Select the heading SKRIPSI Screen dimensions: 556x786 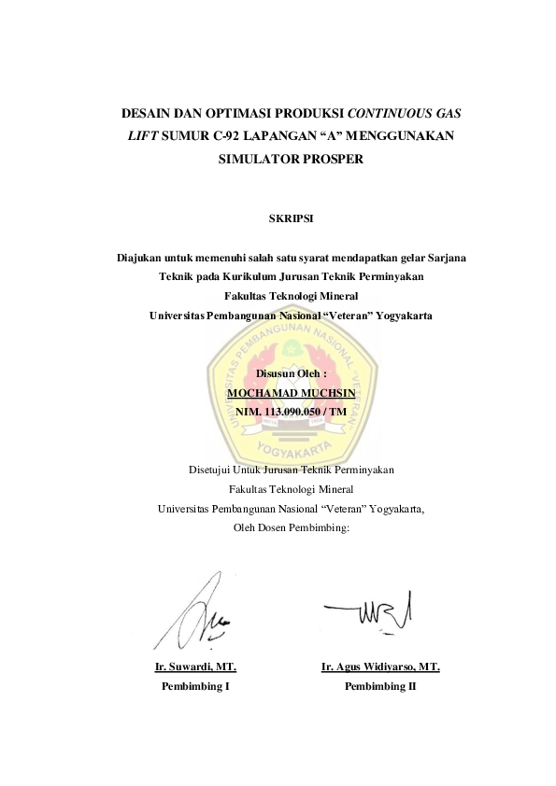pyautogui.click(x=277, y=219)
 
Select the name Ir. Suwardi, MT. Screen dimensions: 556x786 pyautogui.click(x=195, y=667)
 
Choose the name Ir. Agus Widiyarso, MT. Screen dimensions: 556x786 pyautogui.click(x=380, y=667)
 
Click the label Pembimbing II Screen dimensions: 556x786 pyautogui.click(x=380, y=685)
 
